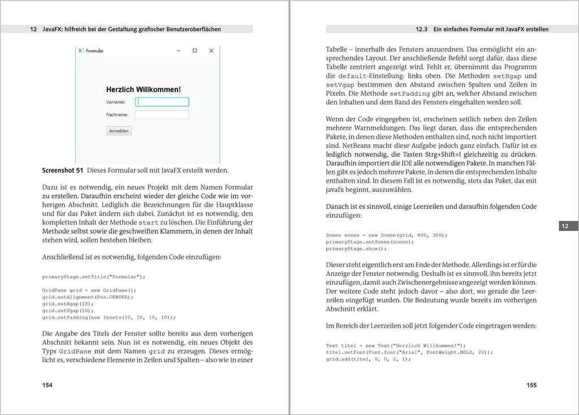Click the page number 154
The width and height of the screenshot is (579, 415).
pos(47,385)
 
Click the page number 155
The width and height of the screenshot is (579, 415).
pos(531,385)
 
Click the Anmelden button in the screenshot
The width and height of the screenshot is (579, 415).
pos(119,131)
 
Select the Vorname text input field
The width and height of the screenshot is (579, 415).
pos(162,102)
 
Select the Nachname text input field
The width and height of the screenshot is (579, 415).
pos(162,115)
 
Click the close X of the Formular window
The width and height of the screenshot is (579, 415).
pos(211,51)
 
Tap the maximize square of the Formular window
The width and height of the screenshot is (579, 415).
pos(195,51)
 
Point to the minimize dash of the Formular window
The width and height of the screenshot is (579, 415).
pos(178,51)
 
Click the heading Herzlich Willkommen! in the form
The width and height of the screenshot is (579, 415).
pos(144,89)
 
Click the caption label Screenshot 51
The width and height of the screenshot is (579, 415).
pos(63,170)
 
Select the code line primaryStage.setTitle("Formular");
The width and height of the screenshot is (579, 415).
pos(94,277)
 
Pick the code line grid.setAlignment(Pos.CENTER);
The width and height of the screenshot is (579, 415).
pos(88,297)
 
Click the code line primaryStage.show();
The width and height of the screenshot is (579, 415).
pos(356,249)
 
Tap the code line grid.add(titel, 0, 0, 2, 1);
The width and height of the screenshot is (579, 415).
pos(368,359)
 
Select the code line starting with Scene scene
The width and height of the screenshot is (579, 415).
pos(386,235)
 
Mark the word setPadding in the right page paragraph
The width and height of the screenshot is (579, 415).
pos(406,93)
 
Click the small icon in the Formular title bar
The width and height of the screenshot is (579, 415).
pos(81,51)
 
